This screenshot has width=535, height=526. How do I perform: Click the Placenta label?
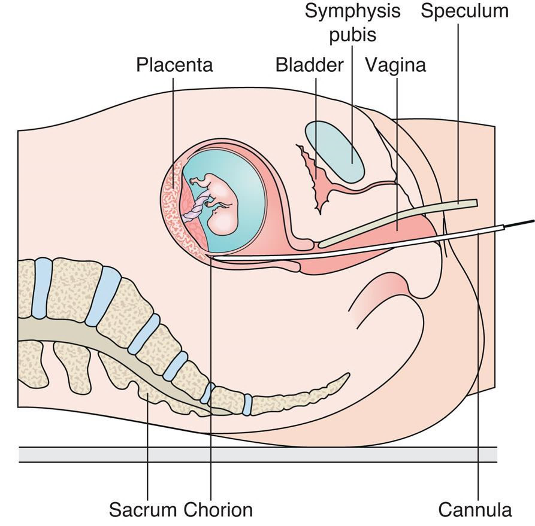pyautogui.click(x=174, y=64)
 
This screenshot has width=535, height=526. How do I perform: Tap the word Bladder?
pyautogui.click(x=309, y=64)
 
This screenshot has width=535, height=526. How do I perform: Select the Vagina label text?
pyautogui.click(x=395, y=64)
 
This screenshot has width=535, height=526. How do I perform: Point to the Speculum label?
pyautogui.click(x=464, y=11)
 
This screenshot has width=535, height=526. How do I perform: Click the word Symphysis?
pyautogui.click(x=352, y=11)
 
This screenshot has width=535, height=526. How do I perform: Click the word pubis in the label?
pyautogui.click(x=352, y=35)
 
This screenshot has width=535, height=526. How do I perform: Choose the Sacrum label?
pyautogui.click(x=143, y=510)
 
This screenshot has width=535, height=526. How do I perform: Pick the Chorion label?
pyautogui.click(x=218, y=510)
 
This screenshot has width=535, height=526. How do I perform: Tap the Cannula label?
pyautogui.click(x=475, y=510)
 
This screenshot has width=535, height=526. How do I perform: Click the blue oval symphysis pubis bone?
pyautogui.click(x=334, y=151)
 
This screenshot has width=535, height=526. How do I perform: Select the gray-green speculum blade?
pyautogui.click(x=395, y=221)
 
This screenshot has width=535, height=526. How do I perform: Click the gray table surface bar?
pyautogui.click(x=258, y=454)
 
